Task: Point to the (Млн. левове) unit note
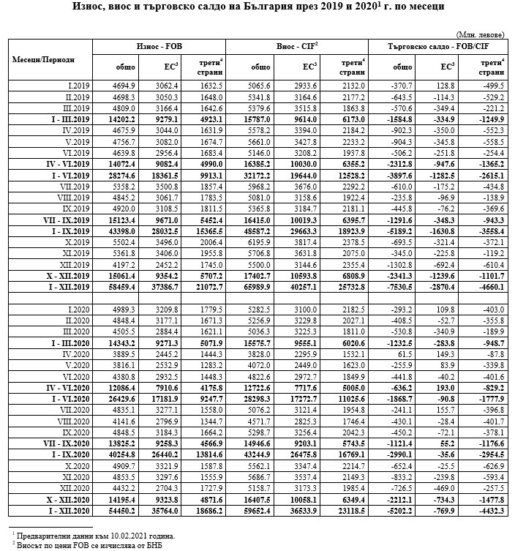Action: pyautogui.click(x=480, y=34)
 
